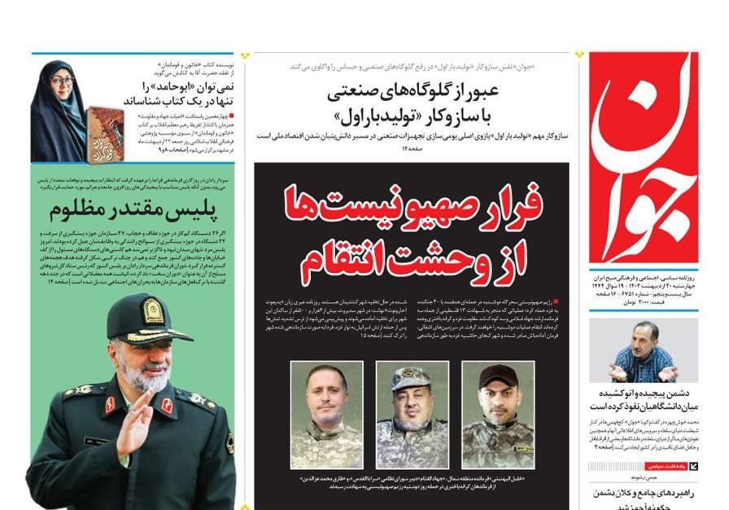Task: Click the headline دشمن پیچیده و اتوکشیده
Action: tap(643, 398)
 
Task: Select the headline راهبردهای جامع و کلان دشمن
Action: tap(643, 493)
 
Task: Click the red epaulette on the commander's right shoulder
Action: tap(109, 404)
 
